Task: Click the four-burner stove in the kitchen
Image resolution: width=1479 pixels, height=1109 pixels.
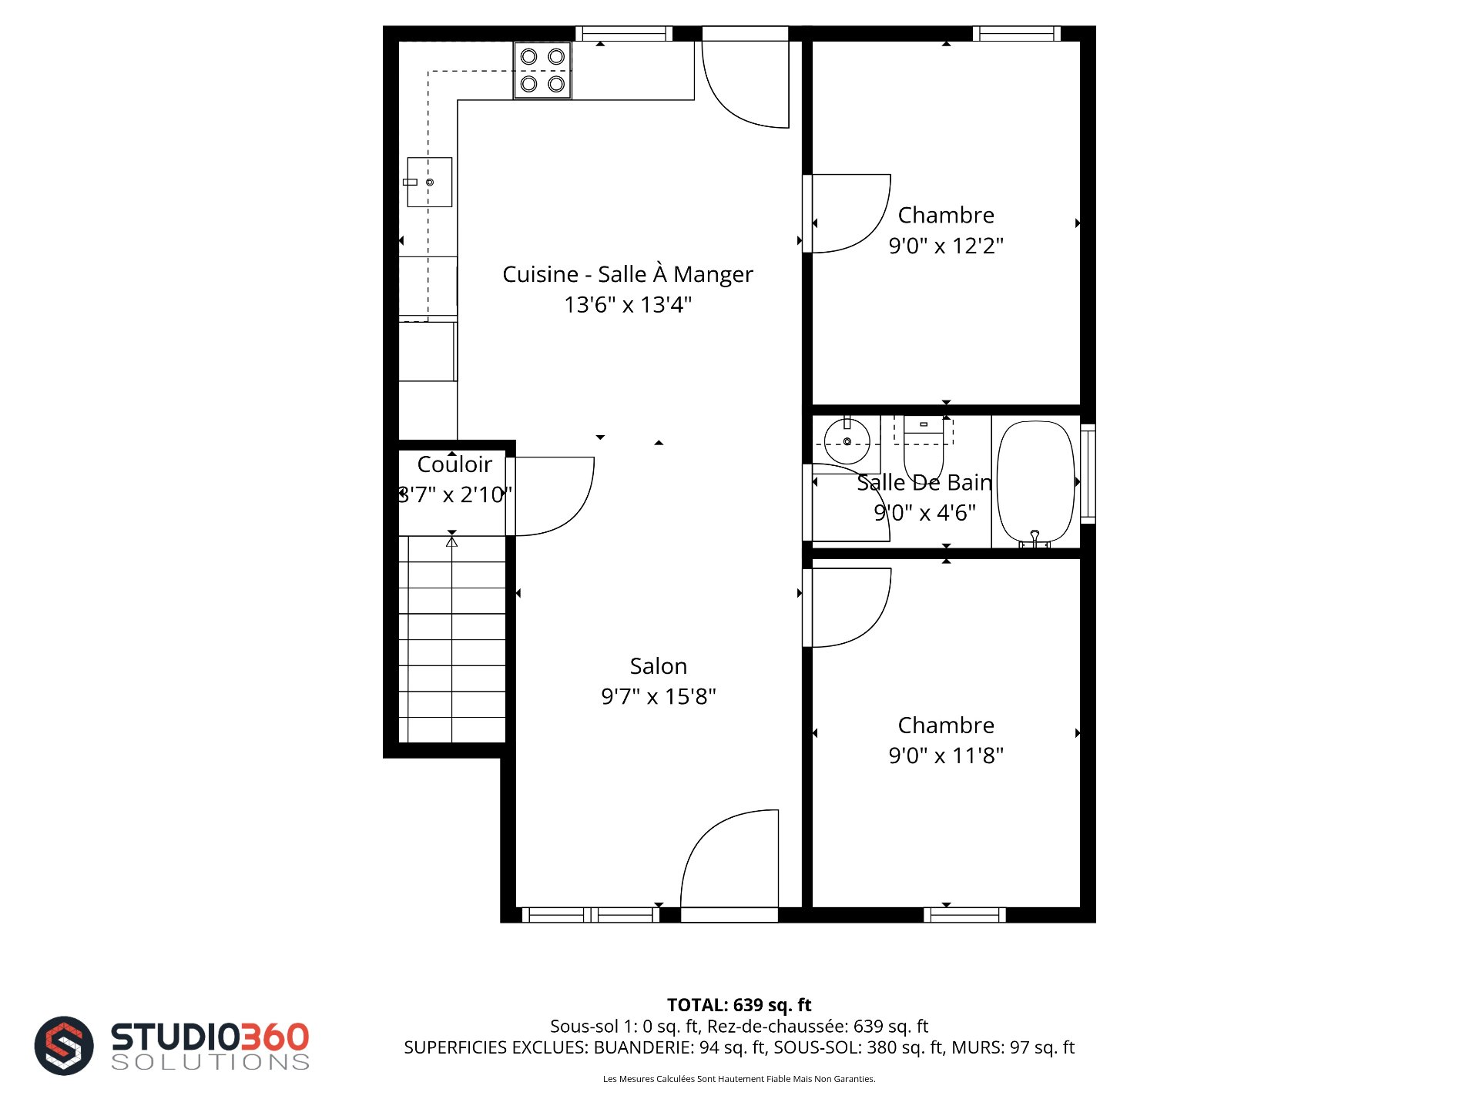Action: (x=542, y=70)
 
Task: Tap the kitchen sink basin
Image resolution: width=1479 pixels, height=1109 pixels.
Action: (x=429, y=182)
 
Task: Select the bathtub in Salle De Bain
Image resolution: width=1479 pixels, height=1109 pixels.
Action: (x=1035, y=483)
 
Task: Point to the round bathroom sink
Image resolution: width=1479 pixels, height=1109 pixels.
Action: (x=847, y=441)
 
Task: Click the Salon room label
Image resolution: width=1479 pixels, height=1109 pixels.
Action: (x=658, y=666)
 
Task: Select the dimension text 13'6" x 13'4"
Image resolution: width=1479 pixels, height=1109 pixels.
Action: (x=628, y=305)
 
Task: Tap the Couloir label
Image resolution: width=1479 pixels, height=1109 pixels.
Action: (x=454, y=464)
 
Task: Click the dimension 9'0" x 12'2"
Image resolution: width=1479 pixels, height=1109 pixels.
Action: (x=946, y=246)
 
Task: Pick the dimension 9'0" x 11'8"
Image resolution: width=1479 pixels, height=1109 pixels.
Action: (x=946, y=756)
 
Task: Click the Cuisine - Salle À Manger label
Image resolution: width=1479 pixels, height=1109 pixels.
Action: (x=628, y=274)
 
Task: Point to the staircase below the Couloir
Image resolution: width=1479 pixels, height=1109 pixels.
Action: (x=452, y=639)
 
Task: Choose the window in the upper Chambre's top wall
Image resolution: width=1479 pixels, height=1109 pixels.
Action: (x=1017, y=34)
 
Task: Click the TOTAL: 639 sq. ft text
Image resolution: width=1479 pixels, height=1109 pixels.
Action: (x=739, y=1005)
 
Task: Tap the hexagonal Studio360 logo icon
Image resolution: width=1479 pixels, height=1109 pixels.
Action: (x=64, y=1045)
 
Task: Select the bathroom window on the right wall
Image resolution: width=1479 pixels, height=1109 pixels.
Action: (x=1088, y=474)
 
